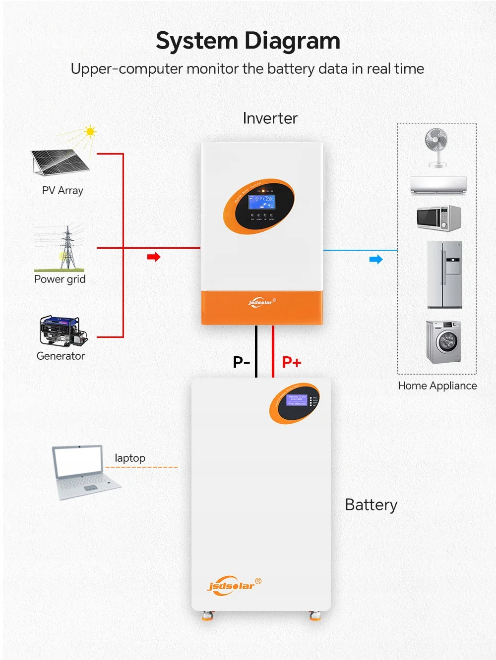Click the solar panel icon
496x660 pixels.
tap(60, 162)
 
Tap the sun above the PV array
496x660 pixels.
tap(90, 132)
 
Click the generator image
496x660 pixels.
tap(62, 331)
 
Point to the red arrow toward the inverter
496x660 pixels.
tap(154, 257)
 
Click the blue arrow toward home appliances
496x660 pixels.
tap(376, 259)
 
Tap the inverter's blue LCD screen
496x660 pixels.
tap(261, 202)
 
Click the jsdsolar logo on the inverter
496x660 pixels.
tap(261, 302)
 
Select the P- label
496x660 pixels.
tap(242, 362)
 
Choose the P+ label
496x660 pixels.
tap(292, 362)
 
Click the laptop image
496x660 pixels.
tap(84, 472)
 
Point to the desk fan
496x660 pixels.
tap(437, 147)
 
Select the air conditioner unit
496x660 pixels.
tap(438, 185)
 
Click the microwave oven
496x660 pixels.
tap(439, 218)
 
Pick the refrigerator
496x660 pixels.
tap(444, 275)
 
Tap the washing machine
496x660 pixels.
tap(443, 341)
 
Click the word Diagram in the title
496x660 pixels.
tap(293, 41)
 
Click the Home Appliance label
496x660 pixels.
tap(437, 385)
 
